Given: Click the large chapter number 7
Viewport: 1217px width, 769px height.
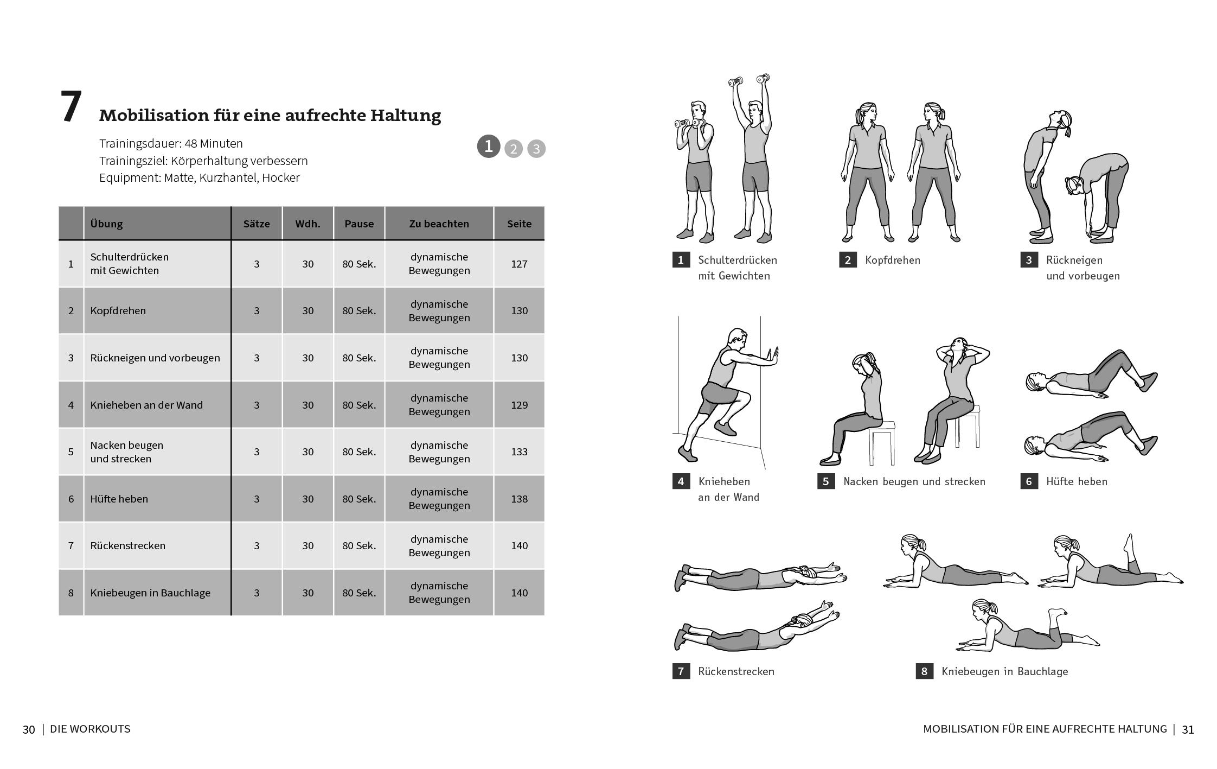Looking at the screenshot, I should (71, 107).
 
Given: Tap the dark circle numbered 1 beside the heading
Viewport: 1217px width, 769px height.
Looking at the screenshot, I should (488, 147).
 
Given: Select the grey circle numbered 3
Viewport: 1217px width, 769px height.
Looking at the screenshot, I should (536, 149).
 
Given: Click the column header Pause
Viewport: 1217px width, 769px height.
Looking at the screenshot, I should (358, 224).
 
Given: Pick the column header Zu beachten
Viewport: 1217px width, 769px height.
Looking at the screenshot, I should (439, 224).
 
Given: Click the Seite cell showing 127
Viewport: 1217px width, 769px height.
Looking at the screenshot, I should (518, 264).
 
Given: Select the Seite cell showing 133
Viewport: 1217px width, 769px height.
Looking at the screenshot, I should (518, 452).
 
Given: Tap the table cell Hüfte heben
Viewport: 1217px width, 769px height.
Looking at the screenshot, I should (119, 499).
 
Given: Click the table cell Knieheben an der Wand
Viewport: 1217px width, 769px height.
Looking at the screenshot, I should (146, 405).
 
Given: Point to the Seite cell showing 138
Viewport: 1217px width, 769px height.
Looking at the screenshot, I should (518, 499).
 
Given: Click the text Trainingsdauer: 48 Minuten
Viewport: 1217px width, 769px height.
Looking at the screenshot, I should (171, 144).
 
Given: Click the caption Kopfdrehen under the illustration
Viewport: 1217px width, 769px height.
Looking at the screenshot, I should (892, 260).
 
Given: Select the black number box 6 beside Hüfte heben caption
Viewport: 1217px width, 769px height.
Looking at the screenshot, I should (1029, 481).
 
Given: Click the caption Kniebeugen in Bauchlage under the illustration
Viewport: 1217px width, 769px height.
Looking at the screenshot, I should (1004, 671).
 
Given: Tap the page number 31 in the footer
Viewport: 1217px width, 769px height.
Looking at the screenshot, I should (1188, 729).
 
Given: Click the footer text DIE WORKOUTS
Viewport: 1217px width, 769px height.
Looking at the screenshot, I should (90, 729).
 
